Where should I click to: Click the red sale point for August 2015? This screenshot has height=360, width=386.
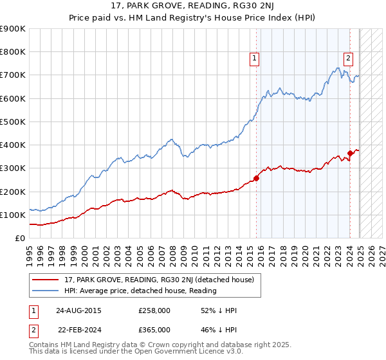[x=256, y=178]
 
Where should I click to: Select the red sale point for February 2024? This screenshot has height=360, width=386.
[x=351, y=153]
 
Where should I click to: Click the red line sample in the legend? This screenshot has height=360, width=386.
[x=47, y=280]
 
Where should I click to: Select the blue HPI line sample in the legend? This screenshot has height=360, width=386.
[x=47, y=291]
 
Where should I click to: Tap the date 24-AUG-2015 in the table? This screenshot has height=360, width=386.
[x=78, y=310]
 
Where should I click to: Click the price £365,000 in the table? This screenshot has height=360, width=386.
[x=154, y=329]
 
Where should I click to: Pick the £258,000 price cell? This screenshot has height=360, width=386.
[x=154, y=310]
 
